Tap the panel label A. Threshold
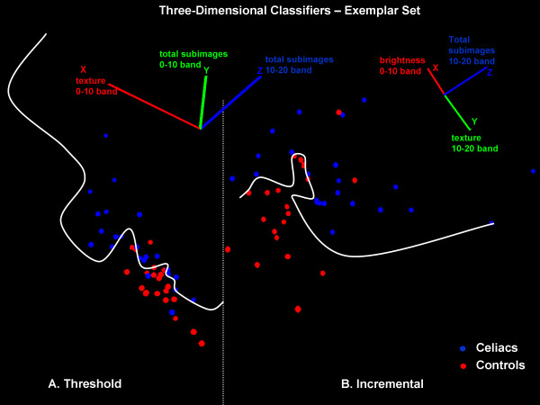(85, 384)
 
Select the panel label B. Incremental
(382, 384)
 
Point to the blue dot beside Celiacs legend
(463, 347)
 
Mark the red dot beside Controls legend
(463, 366)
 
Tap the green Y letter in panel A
(206, 69)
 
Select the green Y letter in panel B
(474, 120)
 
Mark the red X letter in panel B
(436, 67)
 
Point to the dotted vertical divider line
(223, 270)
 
